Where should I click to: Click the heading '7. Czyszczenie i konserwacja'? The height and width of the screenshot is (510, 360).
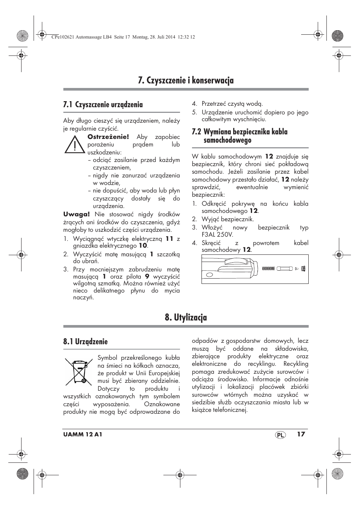click(186, 80)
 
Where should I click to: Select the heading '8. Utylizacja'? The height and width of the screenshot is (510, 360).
click(186, 317)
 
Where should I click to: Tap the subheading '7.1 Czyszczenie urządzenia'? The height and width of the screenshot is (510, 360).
click(103, 105)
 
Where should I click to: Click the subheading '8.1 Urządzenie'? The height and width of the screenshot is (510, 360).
click(85, 342)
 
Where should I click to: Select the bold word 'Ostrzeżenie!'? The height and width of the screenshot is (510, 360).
click(108, 137)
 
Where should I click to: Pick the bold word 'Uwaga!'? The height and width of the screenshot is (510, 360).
click(76, 214)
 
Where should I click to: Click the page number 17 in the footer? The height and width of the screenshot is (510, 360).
click(301, 434)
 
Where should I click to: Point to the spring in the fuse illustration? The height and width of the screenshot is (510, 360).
click(268, 268)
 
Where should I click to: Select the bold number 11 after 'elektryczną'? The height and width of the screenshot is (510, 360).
click(169, 239)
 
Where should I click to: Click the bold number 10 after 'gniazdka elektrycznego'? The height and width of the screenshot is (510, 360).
click(143, 245)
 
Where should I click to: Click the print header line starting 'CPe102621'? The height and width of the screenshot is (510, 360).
click(122, 37)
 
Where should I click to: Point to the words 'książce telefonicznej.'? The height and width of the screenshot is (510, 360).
click(219, 410)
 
